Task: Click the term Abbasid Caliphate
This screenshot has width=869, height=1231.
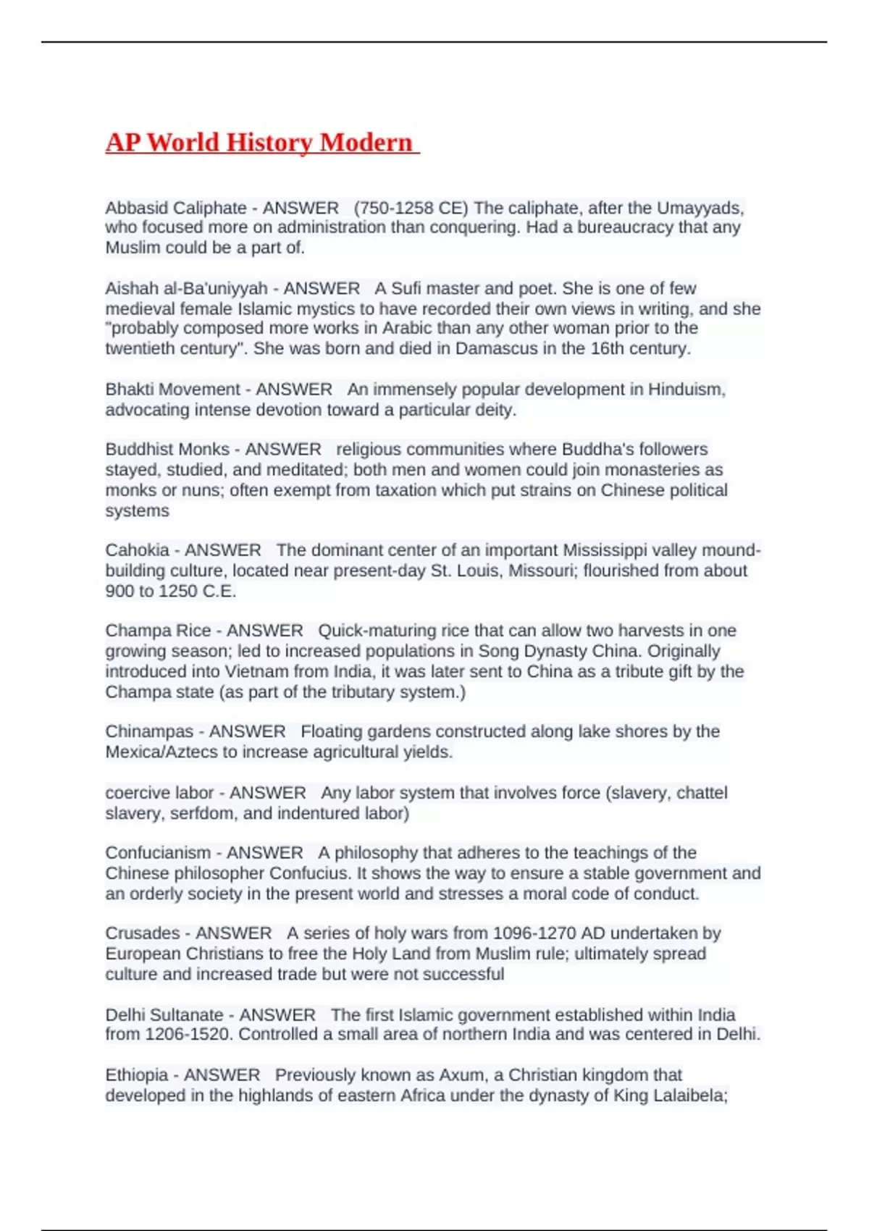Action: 176,208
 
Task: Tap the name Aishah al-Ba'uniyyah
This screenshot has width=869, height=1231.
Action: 186,288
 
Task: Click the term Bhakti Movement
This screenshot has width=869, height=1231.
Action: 173,389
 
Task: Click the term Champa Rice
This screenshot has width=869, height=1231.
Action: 158,631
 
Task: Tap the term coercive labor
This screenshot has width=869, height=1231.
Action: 159,793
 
